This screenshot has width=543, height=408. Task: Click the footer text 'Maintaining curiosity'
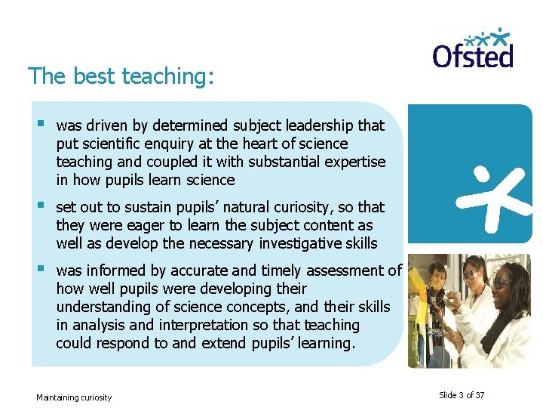(x=74, y=397)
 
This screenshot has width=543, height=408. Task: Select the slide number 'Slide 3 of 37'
(x=462, y=395)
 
